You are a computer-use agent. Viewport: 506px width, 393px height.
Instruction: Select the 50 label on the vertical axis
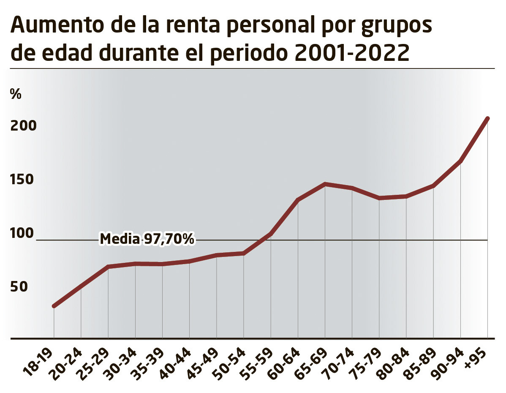pyautogui.click(x=19, y=287)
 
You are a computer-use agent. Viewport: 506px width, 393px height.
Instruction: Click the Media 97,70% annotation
pyautogui.click(x=147, y=239)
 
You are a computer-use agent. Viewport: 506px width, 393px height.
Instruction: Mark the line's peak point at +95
pyautogui.click(x=488, y=118)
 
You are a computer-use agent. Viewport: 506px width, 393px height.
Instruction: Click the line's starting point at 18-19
pyautogui.click(x=54, y=306)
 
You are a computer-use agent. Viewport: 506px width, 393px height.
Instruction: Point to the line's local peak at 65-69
pyautogui.click(x=325, y=184)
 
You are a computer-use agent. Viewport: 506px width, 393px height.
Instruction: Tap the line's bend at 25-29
pyautogui.click(x=108, y=267)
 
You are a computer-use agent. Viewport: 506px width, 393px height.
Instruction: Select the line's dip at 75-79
pyautogui.click(x=379, y=198)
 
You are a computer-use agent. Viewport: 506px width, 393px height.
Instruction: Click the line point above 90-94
pyautogui.click(x=460, y=161)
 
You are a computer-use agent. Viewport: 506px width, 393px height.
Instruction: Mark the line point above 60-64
pyautogui.click(x=298, y=200)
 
